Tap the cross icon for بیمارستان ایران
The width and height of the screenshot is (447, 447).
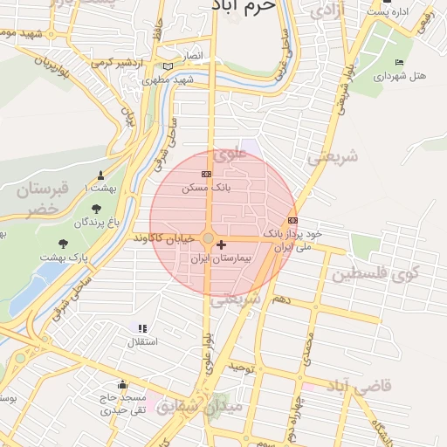point(221,245)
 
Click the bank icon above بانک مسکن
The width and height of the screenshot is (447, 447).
point(206,174)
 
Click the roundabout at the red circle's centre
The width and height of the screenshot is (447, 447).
point(209,238)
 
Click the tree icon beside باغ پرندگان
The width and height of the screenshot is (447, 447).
point(96,209)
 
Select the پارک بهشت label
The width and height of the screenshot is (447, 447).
point(67,258)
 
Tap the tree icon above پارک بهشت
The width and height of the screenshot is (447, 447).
point(63,244)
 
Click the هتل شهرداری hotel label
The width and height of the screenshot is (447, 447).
point(401,76)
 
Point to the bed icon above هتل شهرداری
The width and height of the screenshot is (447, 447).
point(400,62)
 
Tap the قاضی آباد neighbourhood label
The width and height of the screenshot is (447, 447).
point(360,385)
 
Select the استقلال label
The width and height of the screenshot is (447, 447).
point(143,341)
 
